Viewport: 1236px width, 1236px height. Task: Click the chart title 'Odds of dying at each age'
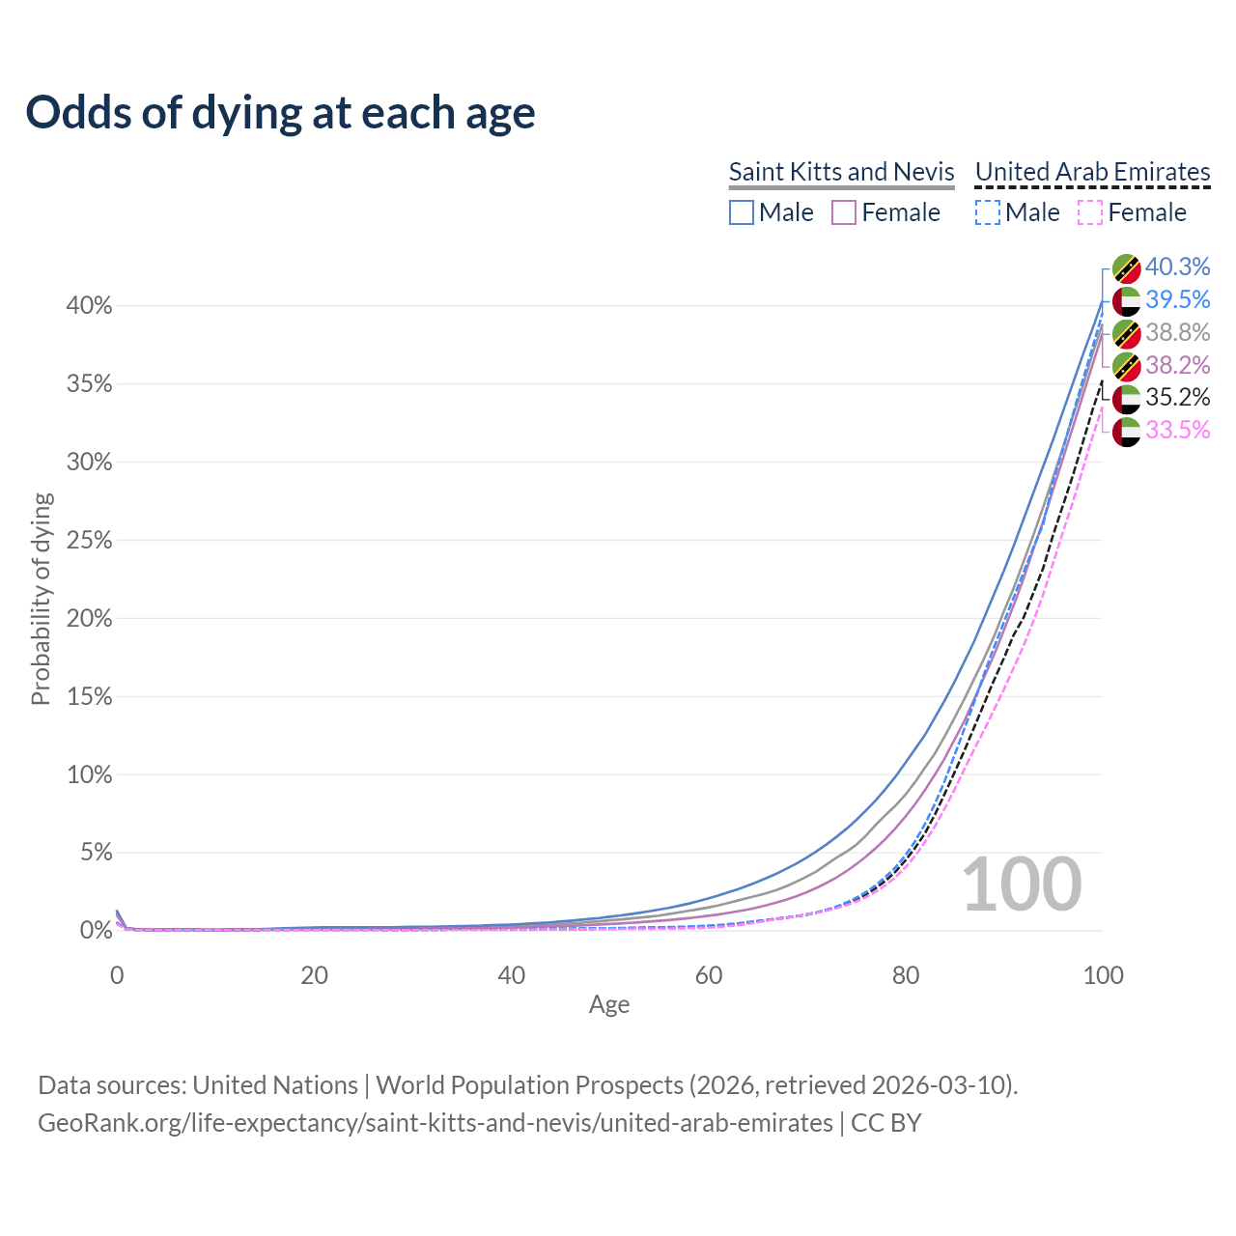pos(280,113)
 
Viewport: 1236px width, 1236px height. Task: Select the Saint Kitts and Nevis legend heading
pos(841,172)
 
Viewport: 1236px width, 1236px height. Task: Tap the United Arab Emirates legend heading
pos(1092,172)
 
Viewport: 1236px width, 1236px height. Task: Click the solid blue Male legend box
pos(741,212)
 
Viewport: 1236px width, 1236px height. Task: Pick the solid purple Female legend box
pos(844,212)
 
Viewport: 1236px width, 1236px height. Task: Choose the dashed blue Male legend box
pos(987,212)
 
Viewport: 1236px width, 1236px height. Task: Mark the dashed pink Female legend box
pos(1090,212)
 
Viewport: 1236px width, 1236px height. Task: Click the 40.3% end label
pos(1177,267)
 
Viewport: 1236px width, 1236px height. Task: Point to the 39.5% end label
pos(1177,299)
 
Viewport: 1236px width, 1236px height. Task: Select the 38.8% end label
pos(1177,332)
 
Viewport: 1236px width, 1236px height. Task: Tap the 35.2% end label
pos(1177,397)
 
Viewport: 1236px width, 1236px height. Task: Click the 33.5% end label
pos(1177,430)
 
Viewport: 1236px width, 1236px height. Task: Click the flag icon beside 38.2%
pos(1127,366)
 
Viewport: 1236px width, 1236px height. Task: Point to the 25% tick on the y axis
pos(89,541)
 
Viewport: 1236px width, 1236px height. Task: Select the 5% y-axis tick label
pos(95,853)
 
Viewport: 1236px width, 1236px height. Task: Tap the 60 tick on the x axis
pos(709,975)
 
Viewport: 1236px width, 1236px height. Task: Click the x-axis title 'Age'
pos(609,1004)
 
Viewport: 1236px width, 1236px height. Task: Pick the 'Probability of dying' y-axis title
pos(41,599)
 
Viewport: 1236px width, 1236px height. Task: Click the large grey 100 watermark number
pos(1022,885)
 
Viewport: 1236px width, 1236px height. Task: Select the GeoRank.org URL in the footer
pos(435,1123)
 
